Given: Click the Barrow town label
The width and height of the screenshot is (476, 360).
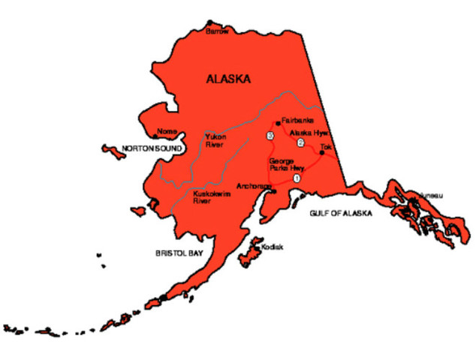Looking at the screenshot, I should click(x=217, y=31).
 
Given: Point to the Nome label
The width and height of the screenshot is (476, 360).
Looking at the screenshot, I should click(x=167, y=131).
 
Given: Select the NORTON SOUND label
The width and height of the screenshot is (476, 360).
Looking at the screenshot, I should click(x=152, y=148).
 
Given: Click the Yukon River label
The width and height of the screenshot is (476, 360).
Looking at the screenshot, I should click(x=215, y=140).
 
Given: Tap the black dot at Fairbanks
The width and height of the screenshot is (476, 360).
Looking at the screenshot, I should click(x=279, y=122).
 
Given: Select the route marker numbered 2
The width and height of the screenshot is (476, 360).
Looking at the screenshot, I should click(x=300, y=142).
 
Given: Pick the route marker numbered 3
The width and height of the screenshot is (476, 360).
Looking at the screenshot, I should click(x=270, y=136).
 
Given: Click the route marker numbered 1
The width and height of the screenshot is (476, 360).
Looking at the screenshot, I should click(x=297, y=178).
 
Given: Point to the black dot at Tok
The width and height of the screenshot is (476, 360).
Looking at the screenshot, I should click(x=322, y=153).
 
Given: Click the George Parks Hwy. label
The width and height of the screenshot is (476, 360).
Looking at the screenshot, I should click(x=284, y=165).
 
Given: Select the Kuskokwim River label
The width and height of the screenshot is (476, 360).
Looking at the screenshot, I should click(x=212, y=197).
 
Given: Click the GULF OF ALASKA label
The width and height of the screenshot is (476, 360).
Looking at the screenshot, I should click(x=341, y=214).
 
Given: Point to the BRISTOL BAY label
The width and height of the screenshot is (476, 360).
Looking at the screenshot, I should click(x=179, y=254).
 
